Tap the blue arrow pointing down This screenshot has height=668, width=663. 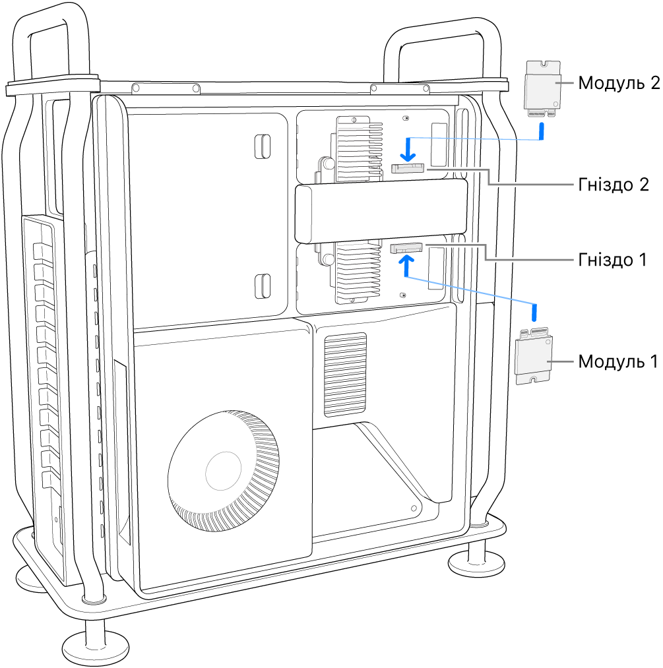408,148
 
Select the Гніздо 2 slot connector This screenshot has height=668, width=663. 408,169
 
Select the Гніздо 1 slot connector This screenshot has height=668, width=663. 407,249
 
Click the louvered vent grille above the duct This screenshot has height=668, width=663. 345,374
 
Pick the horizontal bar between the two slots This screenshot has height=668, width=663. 381,212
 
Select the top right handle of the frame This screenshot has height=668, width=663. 438,40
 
